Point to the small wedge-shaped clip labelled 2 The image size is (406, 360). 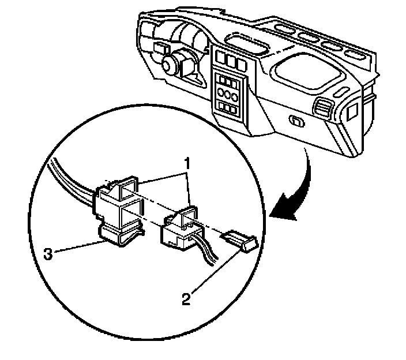[x=238, y=238]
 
